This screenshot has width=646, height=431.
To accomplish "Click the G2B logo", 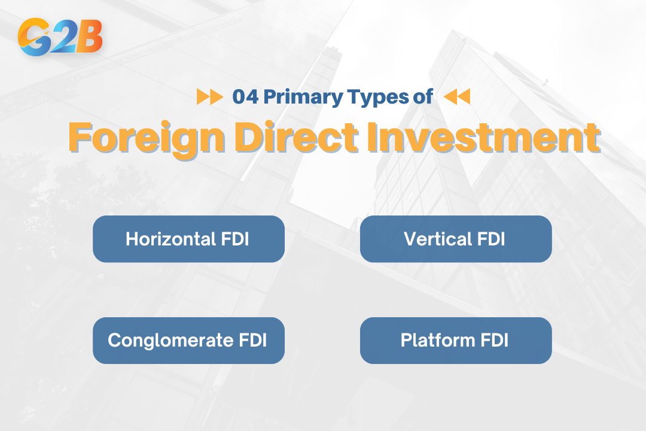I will [60, 37].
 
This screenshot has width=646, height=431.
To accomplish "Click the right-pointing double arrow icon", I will [209, 97].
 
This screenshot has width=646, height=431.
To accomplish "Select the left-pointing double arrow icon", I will [458, 97].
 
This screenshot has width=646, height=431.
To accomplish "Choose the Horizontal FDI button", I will [188, 239].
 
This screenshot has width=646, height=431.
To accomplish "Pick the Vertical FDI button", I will [455, 239].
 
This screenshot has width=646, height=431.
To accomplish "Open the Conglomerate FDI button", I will [188, 341].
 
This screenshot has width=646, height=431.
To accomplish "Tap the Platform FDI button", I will [455, 341].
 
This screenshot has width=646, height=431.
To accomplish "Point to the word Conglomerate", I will [169, 341].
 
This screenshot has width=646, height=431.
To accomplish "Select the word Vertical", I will [438, 239].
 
